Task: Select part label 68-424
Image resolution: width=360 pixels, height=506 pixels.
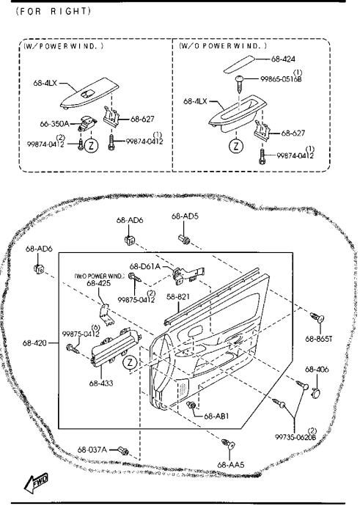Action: (283, 59)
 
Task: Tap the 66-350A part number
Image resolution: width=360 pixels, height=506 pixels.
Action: (54, 124)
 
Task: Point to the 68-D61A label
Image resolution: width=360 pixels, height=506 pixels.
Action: (145, 266)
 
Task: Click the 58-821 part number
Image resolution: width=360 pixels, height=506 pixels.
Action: (177, 296)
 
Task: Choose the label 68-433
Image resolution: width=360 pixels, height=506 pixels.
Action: (101, 384)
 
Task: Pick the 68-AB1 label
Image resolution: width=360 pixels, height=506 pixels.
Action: (216, 416)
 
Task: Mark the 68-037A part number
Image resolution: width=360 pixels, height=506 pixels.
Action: (92, 450)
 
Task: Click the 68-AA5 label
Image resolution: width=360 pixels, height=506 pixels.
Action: (231, 465)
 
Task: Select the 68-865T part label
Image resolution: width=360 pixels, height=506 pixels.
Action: (319, 339)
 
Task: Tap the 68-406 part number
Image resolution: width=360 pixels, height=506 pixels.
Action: (317, 370)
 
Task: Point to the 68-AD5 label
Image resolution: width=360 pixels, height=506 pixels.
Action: (185, 216)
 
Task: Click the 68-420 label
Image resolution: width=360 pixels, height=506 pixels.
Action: (34, 343)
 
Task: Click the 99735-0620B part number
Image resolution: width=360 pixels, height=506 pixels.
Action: (295, 437)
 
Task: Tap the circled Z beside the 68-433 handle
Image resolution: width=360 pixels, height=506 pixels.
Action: (130, 362)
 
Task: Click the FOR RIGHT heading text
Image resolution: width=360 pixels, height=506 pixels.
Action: (53, 11)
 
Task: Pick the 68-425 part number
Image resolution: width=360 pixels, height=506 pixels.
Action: (99, 283)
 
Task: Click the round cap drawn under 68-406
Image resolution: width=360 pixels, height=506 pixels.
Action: (316, 393)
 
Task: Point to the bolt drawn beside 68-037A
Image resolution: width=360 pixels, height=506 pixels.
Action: (123, 450)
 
